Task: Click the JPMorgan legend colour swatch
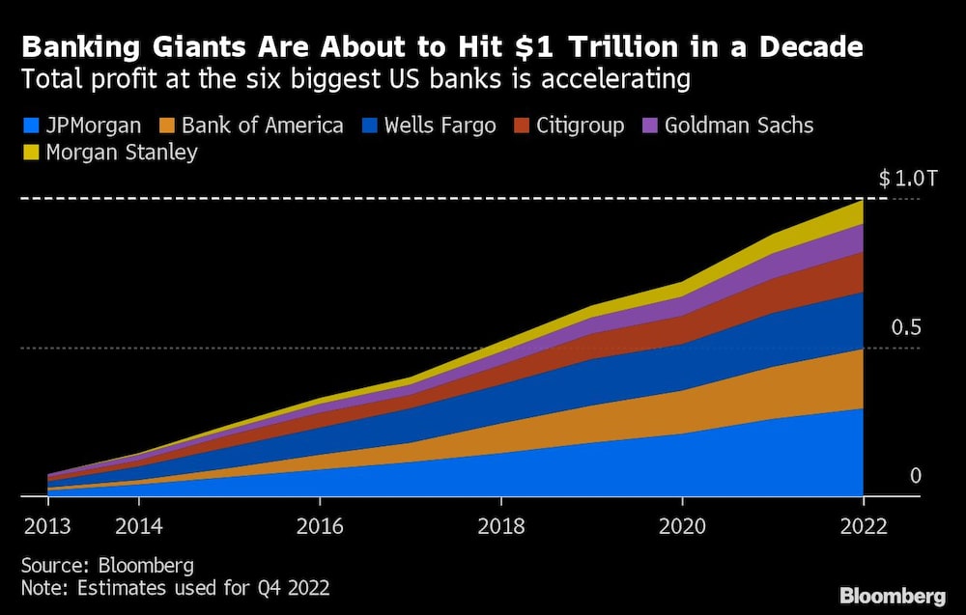tap(29, 126)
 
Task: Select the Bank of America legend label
tap(262, 126)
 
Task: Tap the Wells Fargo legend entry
tap(440, 126)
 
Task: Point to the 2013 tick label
tap(48, 526)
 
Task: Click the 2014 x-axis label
tap(139, 526)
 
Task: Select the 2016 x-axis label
tap(320, 526)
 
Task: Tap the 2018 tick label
tap(500, 526)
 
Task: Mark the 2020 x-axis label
tap(682, 526)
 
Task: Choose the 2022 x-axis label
tap(863, 526)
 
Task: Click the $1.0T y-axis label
tap(907, 179)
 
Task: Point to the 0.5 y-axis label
tap(906, 327)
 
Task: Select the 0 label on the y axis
tap(916, 476)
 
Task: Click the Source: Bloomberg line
tap(107, 565)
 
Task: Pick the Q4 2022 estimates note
tap(177, 586)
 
